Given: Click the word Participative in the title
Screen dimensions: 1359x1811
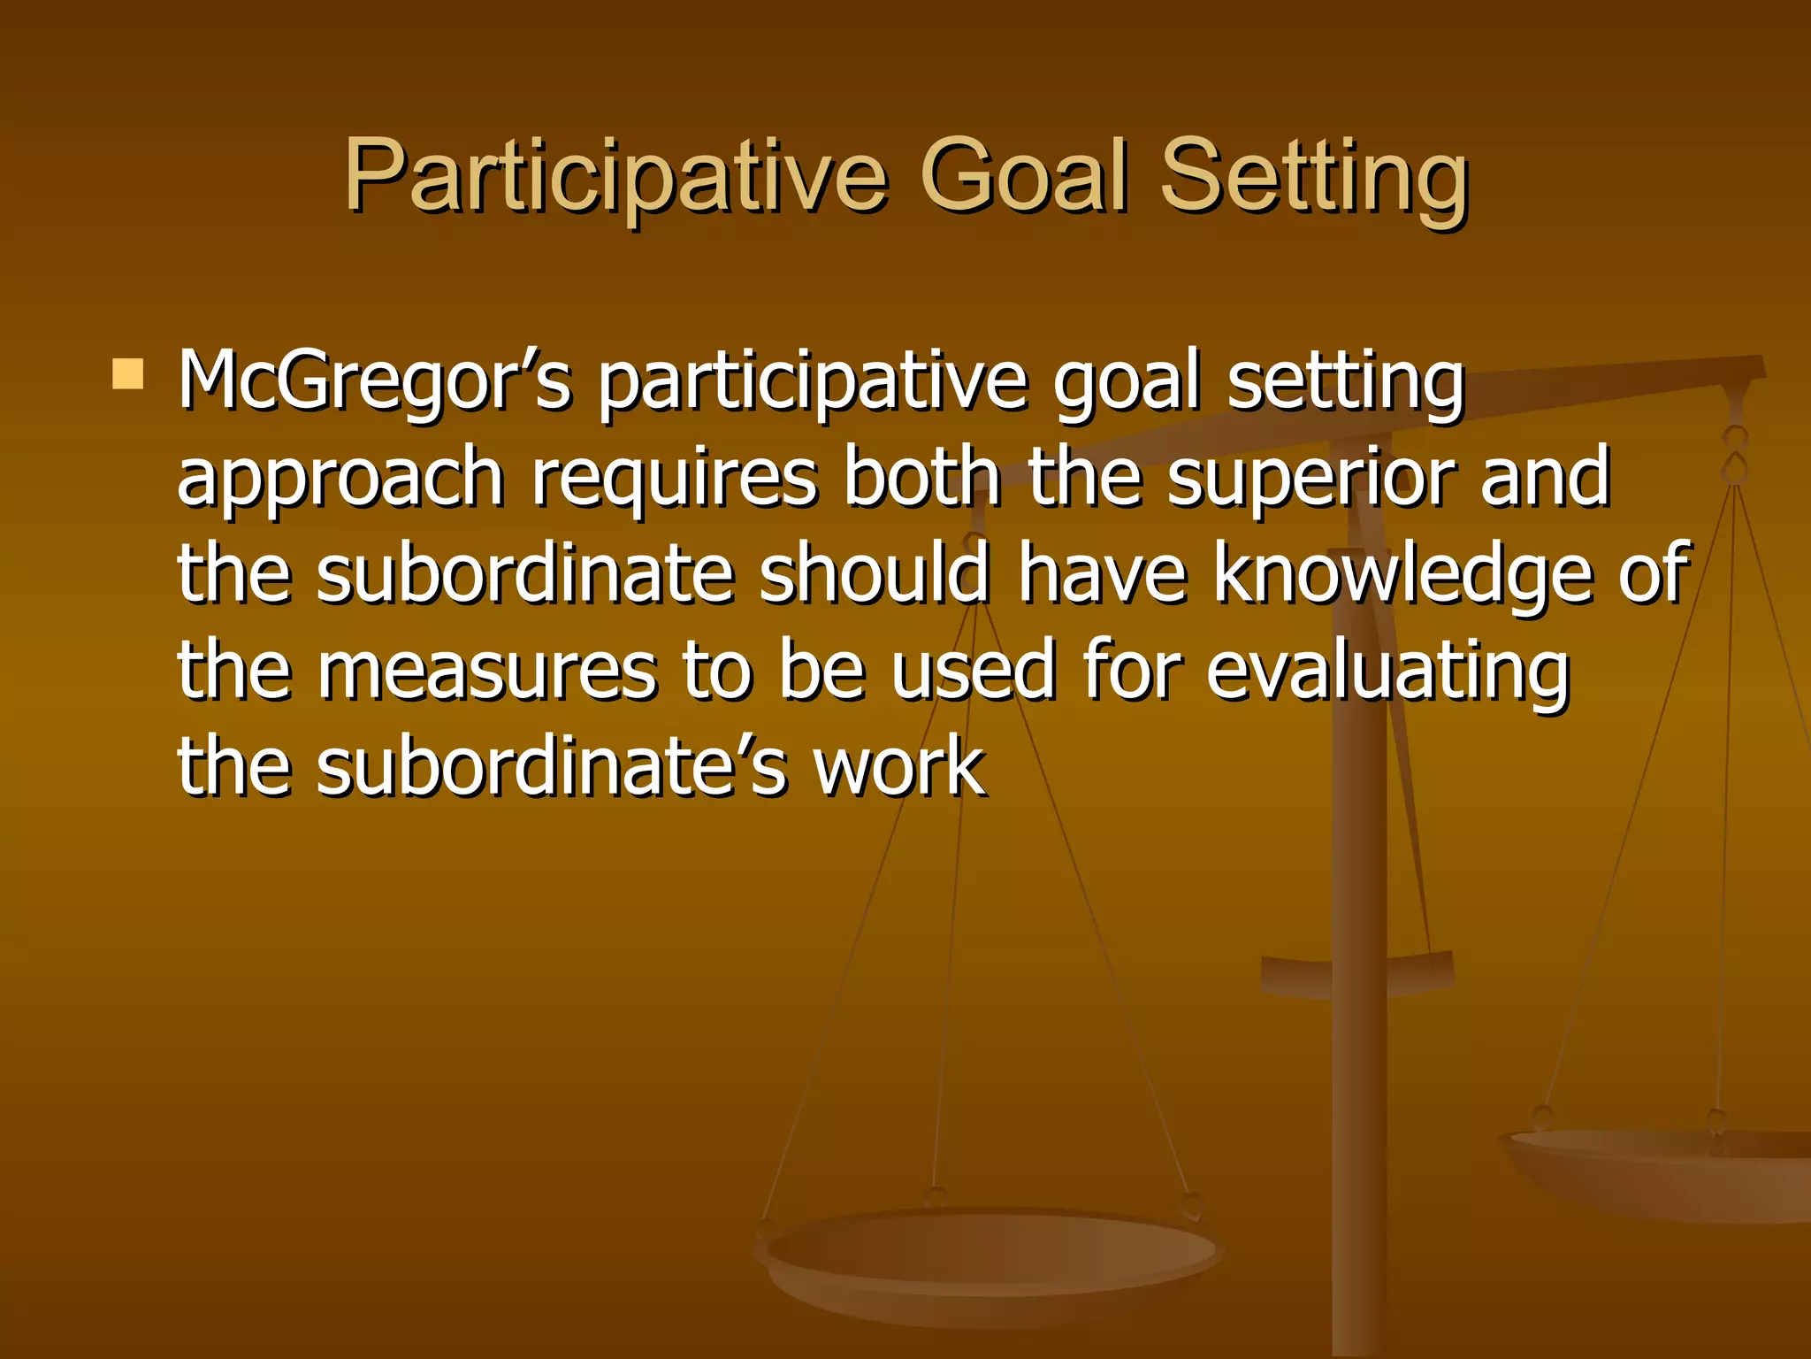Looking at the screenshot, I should [615, 177].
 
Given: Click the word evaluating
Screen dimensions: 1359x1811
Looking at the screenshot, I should [1387, 672].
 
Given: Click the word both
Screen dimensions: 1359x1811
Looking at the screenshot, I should [921, 478].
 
